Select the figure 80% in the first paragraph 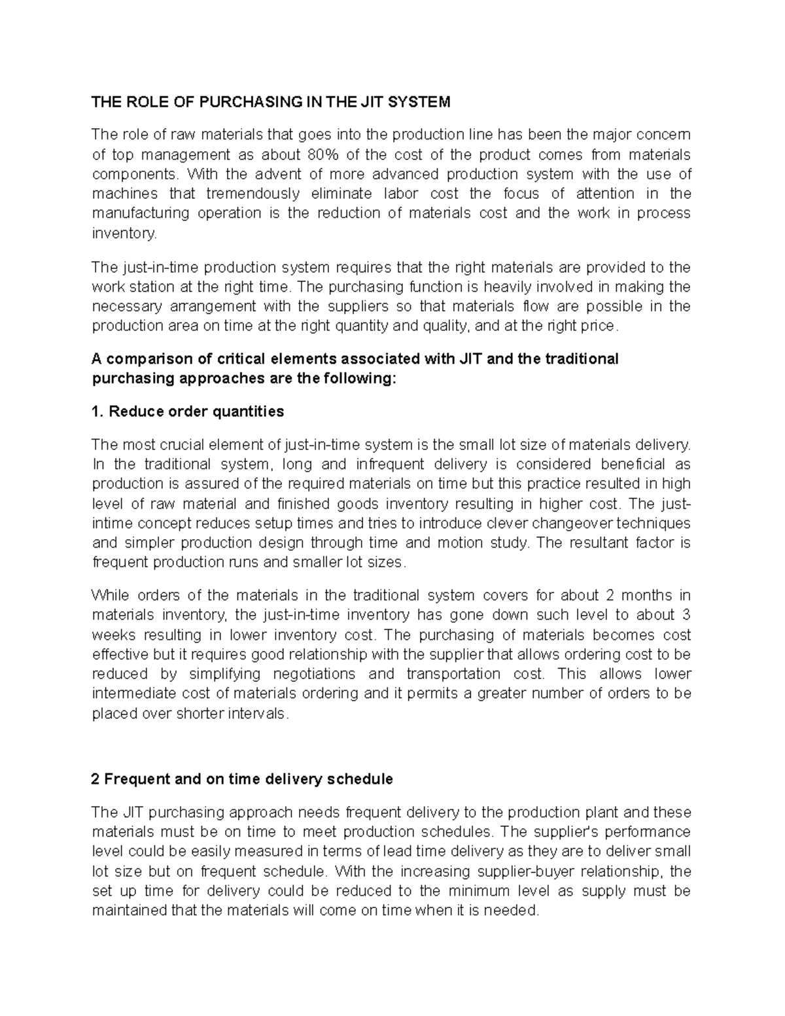tap(321, 154)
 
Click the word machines tap(125, 194)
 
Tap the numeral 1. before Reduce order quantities tap(97, 412)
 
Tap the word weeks tap(113, 635)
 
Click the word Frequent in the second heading tap(134, 779)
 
